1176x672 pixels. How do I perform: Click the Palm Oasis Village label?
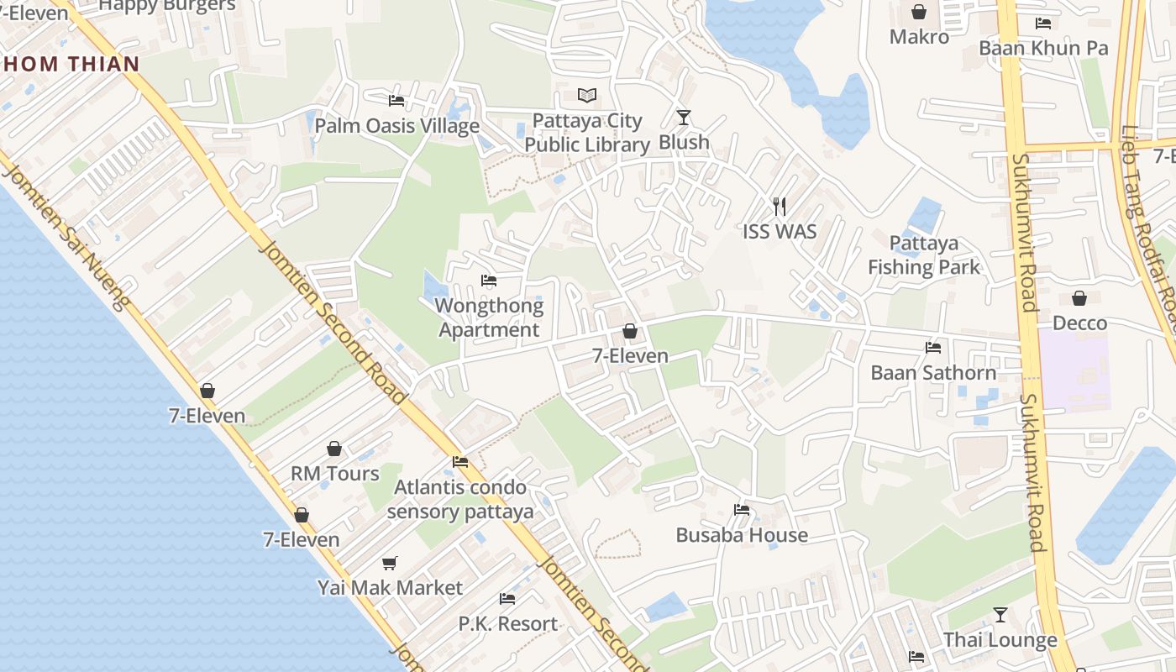pyautogui.click(x=396, y=126)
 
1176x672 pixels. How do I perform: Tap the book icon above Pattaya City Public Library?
pyautogui.click(x=587, y=96)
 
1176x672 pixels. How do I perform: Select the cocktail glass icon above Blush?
pyautogui.click(x=684, y=118)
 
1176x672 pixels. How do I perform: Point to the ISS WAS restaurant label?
pyautogui.click(x=780, y=231)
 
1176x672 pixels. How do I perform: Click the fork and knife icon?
pyautogui.click(x=780, y=207)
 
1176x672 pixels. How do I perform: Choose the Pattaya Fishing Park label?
pyautogui.click(x=924, y=255)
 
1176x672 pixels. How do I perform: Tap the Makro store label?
pyautogui.click(x=919, y=37)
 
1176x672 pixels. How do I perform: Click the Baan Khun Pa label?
pyautogui.click(x=1043, y=48)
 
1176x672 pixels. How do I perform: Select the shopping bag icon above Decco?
pyautogui.click(x=1079, y=298)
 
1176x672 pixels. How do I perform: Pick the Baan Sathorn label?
pyautogui.click(x=933, y=372)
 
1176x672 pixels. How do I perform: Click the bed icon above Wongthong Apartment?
pyautogui.click(x=489, y=281)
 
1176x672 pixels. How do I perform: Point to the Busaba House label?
pyautogui.click(x=742, y=535)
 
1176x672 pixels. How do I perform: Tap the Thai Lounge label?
pyautogui.click(x=1000, y=640)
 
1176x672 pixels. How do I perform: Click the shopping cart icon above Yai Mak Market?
pyautogui.click(x=389, y=563)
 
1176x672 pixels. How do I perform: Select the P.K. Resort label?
pyautogui.click(x=507, y=624)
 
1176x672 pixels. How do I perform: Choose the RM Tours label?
pyautogui.click(x=334, y=474)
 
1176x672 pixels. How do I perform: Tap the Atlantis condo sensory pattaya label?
pyautogui.click(x=460, y=499)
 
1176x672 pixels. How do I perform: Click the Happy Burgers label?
pyautogui.click(x=167, y=6)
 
